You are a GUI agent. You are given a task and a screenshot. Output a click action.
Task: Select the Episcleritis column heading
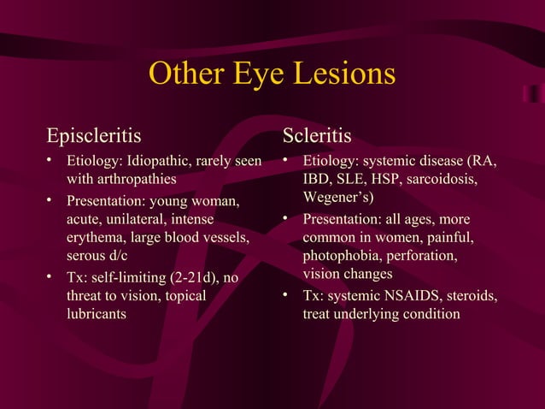click(94, 137)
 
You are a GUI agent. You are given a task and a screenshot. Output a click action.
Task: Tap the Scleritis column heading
click(317, 137)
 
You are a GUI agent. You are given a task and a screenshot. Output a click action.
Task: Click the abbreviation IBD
click(317, 181)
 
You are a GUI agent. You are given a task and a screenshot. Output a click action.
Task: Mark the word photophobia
click(343, 256)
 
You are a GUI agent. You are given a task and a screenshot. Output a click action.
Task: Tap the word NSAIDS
click(410, 295)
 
